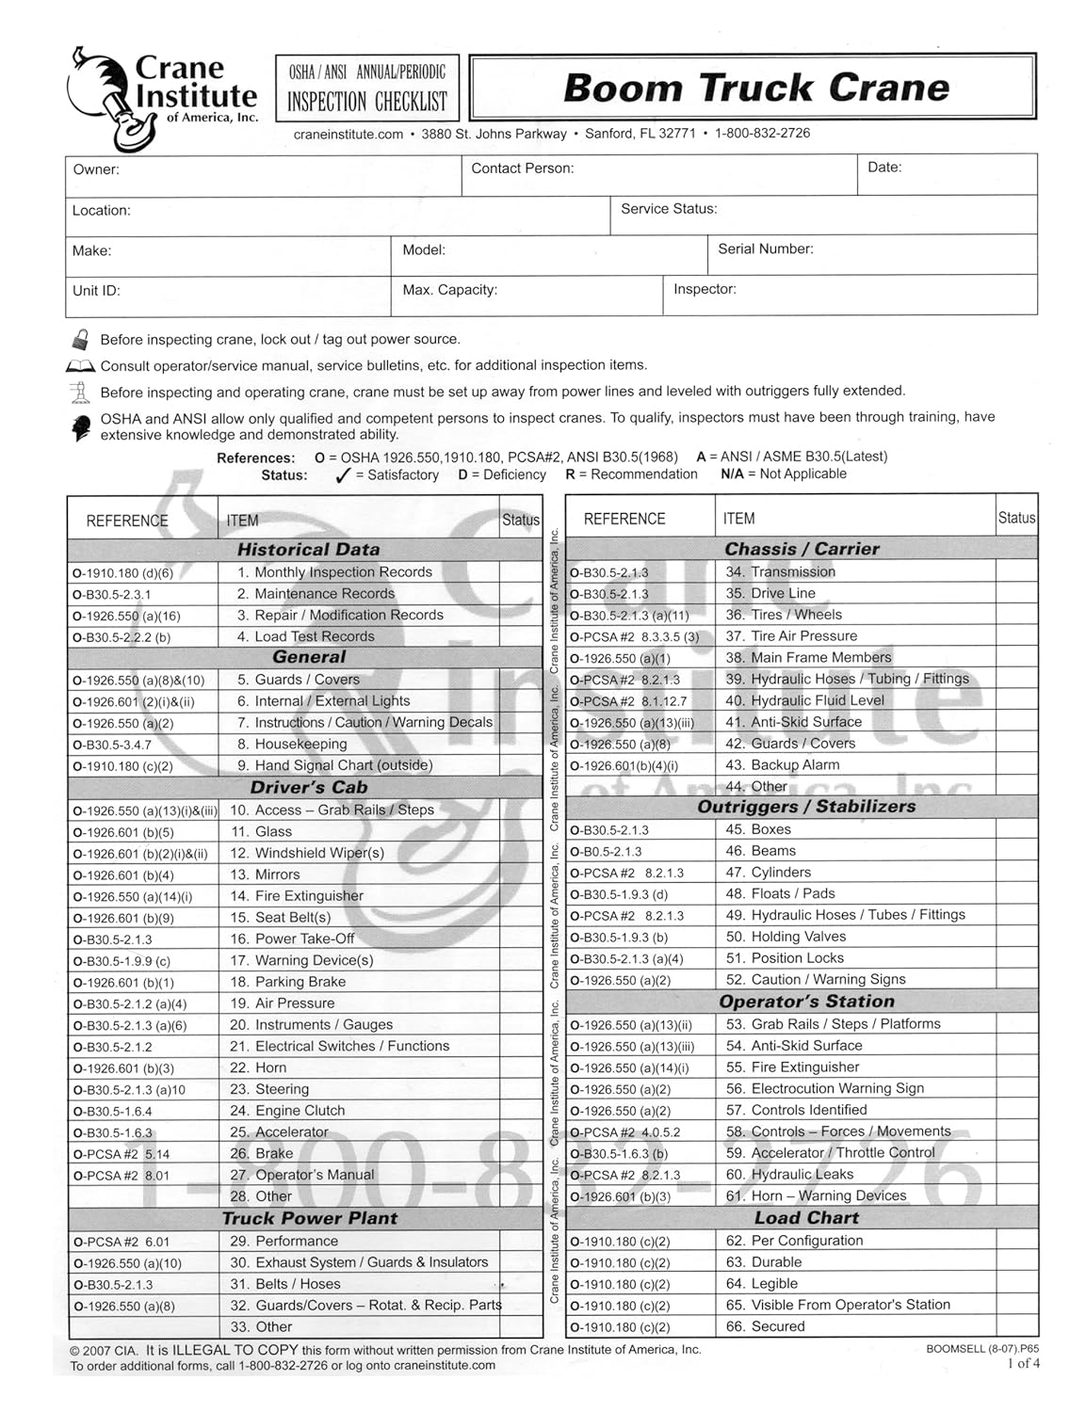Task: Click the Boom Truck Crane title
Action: pos(755,88)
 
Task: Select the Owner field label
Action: pos(96,169)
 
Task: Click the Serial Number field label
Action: pos(765,249)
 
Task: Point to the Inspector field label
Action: pos(705,289)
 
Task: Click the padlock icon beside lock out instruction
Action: pos(82,339)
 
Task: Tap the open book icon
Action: pos(81,365)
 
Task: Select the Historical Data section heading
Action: pos(308,550)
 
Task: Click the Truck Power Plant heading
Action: pos(309,1218)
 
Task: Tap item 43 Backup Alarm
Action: pos(794,765)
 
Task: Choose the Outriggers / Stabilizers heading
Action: pos(806,807)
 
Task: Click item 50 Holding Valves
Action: pos(797,937)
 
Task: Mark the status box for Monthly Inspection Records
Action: pos(521,572)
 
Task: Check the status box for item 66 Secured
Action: pos(1016,1326)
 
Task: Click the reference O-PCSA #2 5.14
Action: pos(121,1154)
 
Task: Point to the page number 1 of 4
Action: pos(1023,1362)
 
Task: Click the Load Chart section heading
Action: pos(806,1218)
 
